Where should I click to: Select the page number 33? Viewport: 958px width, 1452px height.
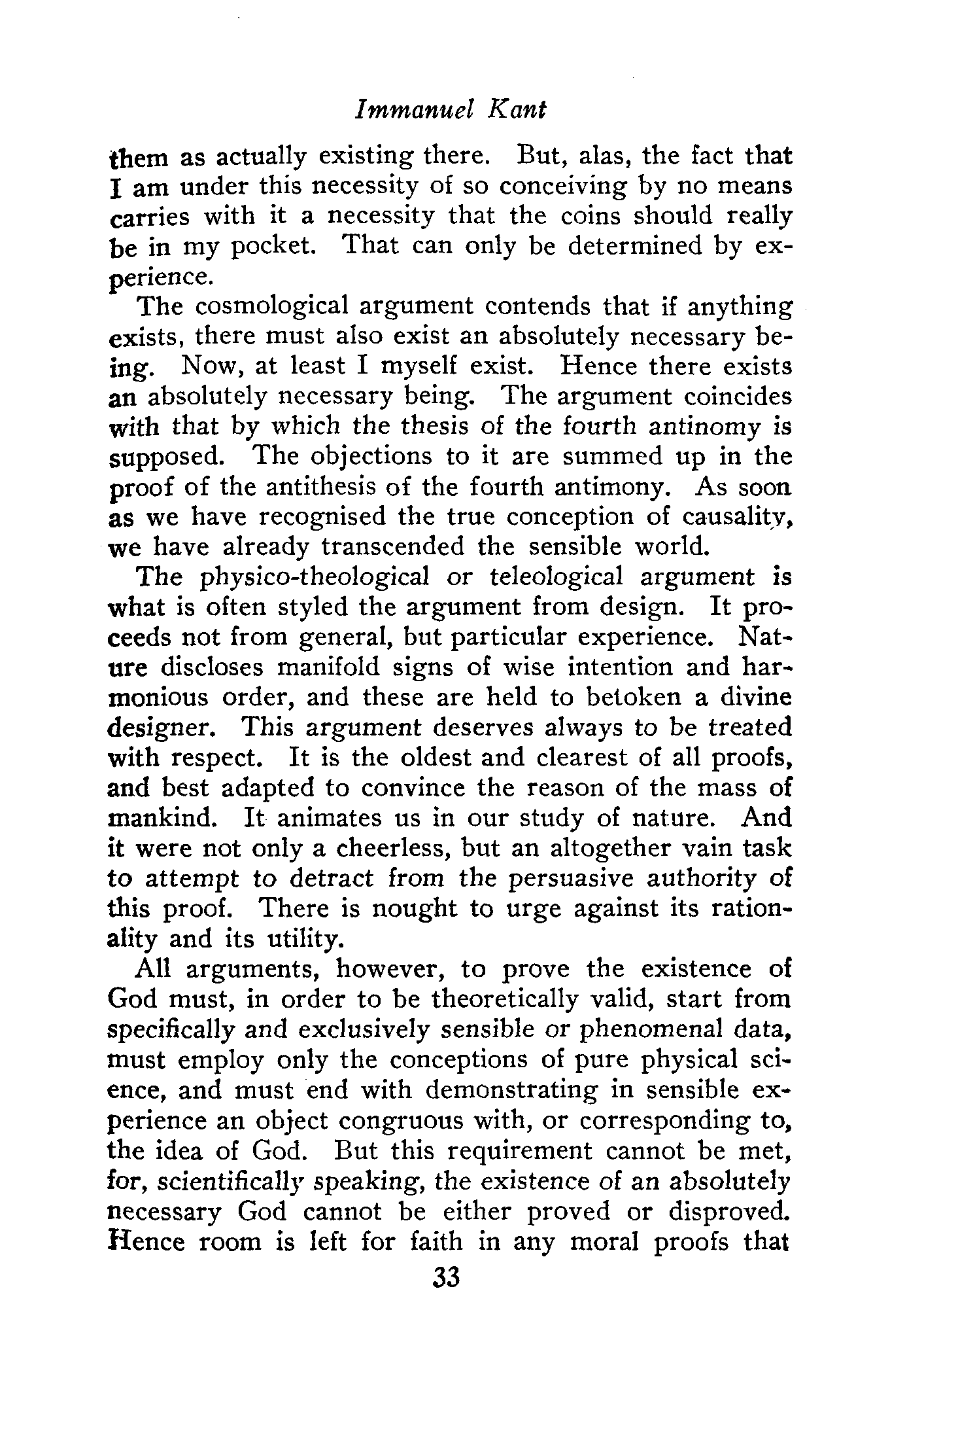447,1277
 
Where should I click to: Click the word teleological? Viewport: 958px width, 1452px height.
555,577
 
